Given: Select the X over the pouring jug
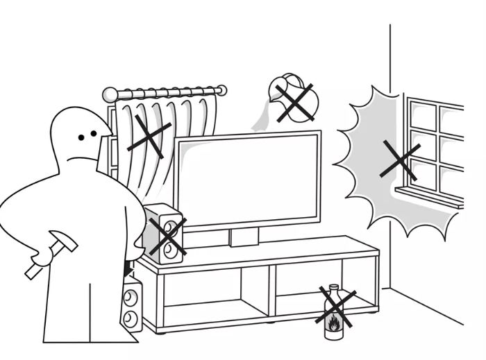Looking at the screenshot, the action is coord(294,101).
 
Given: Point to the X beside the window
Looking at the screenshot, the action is coord(400,162).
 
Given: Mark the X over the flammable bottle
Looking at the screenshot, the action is coord(335,308).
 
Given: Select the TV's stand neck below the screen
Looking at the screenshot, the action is coord(244,237).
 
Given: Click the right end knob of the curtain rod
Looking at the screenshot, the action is coord(221,90).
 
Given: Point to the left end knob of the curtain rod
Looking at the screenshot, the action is coord(108,95).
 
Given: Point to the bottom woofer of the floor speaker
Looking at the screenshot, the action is coord(131,319).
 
